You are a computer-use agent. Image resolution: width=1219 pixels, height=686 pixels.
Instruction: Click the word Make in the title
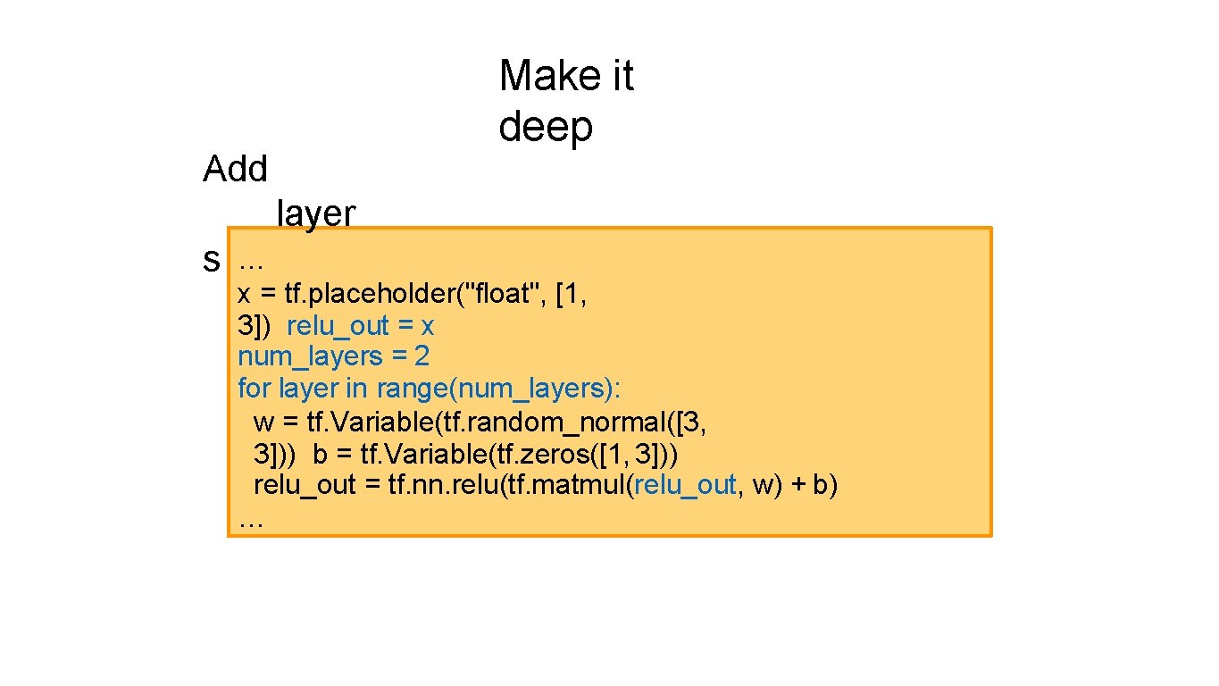[x=541, y=76]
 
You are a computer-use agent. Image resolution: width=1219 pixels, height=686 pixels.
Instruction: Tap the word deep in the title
[x=545, y=127]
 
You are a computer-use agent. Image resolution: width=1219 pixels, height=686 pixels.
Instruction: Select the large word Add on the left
[x=235, y=169]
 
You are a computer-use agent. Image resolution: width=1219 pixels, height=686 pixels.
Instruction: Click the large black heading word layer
[x=316, y=214]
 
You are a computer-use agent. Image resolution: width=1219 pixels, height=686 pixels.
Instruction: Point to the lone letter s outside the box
[x=212, y=261]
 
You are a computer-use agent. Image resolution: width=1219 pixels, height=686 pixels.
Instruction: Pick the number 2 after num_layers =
[x=422, y=356]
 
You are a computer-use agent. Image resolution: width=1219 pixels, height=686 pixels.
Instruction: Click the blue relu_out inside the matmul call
[x=685, y=486]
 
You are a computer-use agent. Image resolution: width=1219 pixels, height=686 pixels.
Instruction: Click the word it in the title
[x=614, y=76]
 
